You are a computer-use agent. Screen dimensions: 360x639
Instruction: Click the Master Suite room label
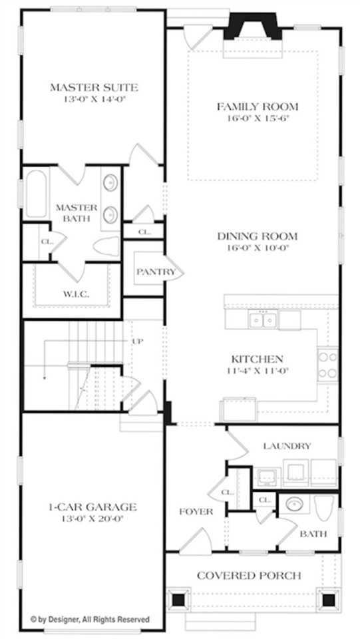coord(94,87)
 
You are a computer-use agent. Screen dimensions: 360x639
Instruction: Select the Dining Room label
coord(257,236)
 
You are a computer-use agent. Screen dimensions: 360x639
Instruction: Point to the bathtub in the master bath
coord(37,194)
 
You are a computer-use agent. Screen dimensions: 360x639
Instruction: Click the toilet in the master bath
coord(106,246)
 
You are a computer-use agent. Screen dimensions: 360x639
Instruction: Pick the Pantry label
coord(156,272)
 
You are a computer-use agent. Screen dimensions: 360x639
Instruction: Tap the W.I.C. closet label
coord(76,294)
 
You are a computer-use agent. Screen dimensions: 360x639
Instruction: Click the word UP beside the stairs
coord(138,341)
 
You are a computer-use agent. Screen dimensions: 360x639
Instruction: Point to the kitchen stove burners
coord(328,365)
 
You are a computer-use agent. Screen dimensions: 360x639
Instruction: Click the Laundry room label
coord(287,446)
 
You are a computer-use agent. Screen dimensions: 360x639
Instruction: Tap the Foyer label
coord(196,511)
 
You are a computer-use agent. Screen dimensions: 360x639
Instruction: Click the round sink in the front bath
coord(294,504)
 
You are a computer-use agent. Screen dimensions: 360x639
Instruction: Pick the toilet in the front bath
coord(325,508)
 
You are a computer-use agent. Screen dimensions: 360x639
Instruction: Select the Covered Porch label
coord(250,575)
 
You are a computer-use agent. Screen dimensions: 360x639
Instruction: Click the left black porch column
coord(178,600)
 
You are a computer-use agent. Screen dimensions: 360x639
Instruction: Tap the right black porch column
coord(328,600)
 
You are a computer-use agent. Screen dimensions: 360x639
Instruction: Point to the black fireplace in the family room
coord(253,27)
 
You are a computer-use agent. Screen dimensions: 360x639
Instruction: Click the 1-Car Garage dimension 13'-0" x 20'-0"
coord(92,519)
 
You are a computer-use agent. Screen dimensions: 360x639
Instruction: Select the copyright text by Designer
coord(90,620)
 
